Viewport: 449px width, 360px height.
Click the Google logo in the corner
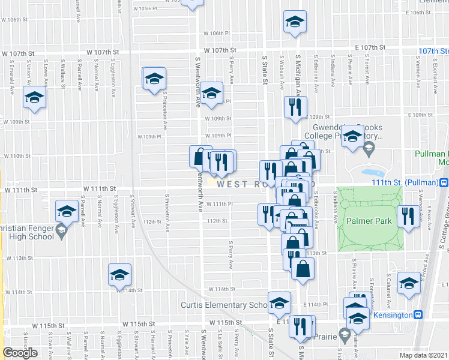20,353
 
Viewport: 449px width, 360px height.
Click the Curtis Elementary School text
223,305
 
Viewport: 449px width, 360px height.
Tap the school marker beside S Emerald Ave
34,98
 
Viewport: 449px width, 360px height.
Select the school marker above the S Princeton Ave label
154,79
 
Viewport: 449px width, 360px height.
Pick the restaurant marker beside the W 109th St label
295,107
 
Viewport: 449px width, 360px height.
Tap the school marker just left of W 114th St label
119,274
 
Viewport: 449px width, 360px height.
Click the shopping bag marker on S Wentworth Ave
200,157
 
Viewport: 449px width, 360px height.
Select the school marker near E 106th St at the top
295,23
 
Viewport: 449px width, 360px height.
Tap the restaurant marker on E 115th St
301,326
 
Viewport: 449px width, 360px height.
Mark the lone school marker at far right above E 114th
409,283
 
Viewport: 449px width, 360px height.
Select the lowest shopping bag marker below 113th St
303,269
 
